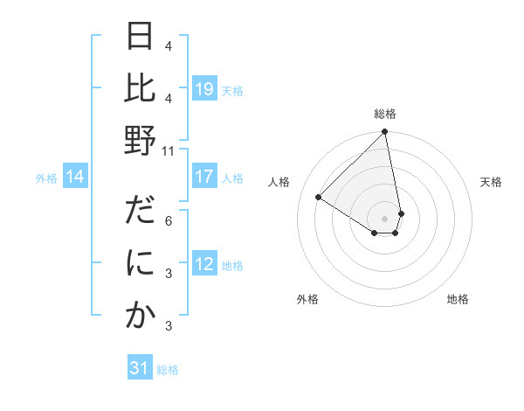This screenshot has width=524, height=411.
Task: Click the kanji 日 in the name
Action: click(x=140, y=38)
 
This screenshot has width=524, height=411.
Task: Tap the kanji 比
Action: click(x=140, y=89)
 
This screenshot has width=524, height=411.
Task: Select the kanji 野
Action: click(x=140, y=142)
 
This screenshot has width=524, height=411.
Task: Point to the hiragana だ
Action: click(x=140, y=212)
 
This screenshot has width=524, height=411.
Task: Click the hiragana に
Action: click(x=140, y=264)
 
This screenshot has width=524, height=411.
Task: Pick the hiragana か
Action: click(x=140, y=316)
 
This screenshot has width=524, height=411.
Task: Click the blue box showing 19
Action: click(x=204, y=89)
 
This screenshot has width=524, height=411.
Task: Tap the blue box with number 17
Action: click(x=204, y=177)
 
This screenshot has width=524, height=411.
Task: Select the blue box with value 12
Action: click(x=204, y=264)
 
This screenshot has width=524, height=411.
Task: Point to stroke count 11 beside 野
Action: click(x=169, y=150)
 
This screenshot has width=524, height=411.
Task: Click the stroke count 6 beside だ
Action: click(x=169, y=220)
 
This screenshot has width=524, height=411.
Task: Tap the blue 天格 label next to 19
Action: click(x=232, y=90)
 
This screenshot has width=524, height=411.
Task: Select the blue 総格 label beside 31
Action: click(x=168, y=370)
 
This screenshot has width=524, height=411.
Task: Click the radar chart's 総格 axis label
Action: click(x=385, y=114)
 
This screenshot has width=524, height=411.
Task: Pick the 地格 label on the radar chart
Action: click(x=458, y=299)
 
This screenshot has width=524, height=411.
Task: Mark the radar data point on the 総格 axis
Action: click(x=385, y=133)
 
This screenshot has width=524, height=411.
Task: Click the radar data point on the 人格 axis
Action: click(x=319, y=197)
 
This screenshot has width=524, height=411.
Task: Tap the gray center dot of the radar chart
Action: click(x=385, y=218)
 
